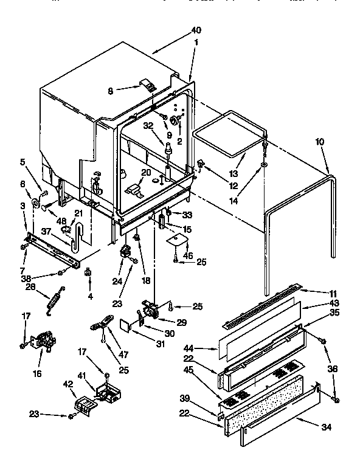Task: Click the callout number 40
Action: (x=195, y=30)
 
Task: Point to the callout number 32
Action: (x=147, y=126)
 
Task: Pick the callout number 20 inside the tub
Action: (x=146, y=172)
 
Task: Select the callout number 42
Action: (x=69, y=384)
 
